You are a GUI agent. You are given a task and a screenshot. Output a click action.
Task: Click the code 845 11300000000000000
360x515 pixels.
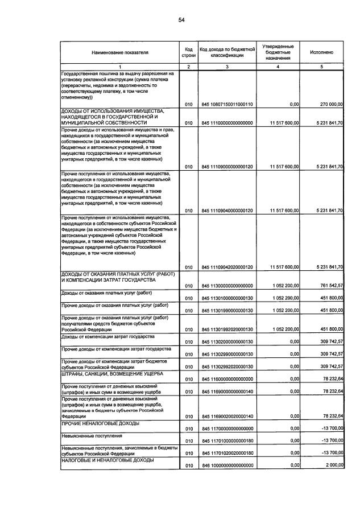(227, 285)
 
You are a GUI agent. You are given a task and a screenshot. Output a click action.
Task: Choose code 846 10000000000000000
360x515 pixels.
(227, 465)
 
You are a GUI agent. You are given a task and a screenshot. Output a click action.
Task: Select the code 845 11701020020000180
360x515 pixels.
(227, 452)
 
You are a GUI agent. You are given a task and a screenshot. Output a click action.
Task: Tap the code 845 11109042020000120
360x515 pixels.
(227, 267)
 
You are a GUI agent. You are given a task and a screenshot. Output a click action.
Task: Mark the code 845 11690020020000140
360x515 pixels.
(227, 417)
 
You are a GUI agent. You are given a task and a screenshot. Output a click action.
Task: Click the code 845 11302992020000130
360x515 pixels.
(227, 366)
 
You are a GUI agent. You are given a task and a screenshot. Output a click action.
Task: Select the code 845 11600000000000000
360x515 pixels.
(227, 378)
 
